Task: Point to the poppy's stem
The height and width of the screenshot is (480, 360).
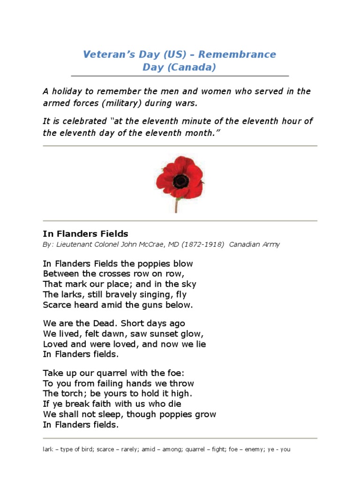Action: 177,205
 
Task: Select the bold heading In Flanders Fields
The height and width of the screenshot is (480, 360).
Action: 85,233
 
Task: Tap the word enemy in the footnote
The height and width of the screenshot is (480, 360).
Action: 252,450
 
